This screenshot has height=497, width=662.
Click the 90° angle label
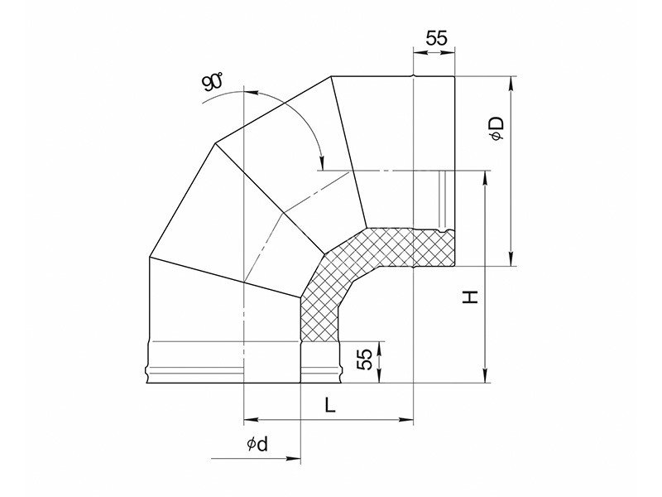pos(213,82)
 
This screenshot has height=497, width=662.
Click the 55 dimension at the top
pos(436,38)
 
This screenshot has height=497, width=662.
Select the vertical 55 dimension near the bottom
pos(365,359)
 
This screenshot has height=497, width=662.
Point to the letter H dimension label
pos(470,297)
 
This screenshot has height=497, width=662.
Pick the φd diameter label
pos(257,444)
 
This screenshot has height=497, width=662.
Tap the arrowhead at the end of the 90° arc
pos(322,163)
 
